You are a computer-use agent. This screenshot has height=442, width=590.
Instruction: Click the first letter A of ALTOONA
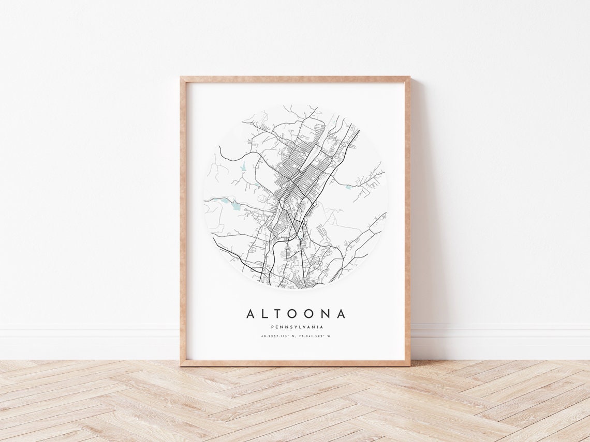tap(251, 314)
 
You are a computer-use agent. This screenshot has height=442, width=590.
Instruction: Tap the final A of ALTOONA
tap(340, 314)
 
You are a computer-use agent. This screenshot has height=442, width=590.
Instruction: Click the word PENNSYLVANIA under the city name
tap(297, 327)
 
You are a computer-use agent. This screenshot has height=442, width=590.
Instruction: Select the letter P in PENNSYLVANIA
tap(272, 327)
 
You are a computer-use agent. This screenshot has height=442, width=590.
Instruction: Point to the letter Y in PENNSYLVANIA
tap(293, 327)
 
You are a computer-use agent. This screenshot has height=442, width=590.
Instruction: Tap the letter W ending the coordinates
tap(329, 337)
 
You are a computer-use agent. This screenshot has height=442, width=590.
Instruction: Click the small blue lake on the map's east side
tap(348, 187)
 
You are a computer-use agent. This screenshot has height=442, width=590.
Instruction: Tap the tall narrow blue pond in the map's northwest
tap(243, 167)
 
